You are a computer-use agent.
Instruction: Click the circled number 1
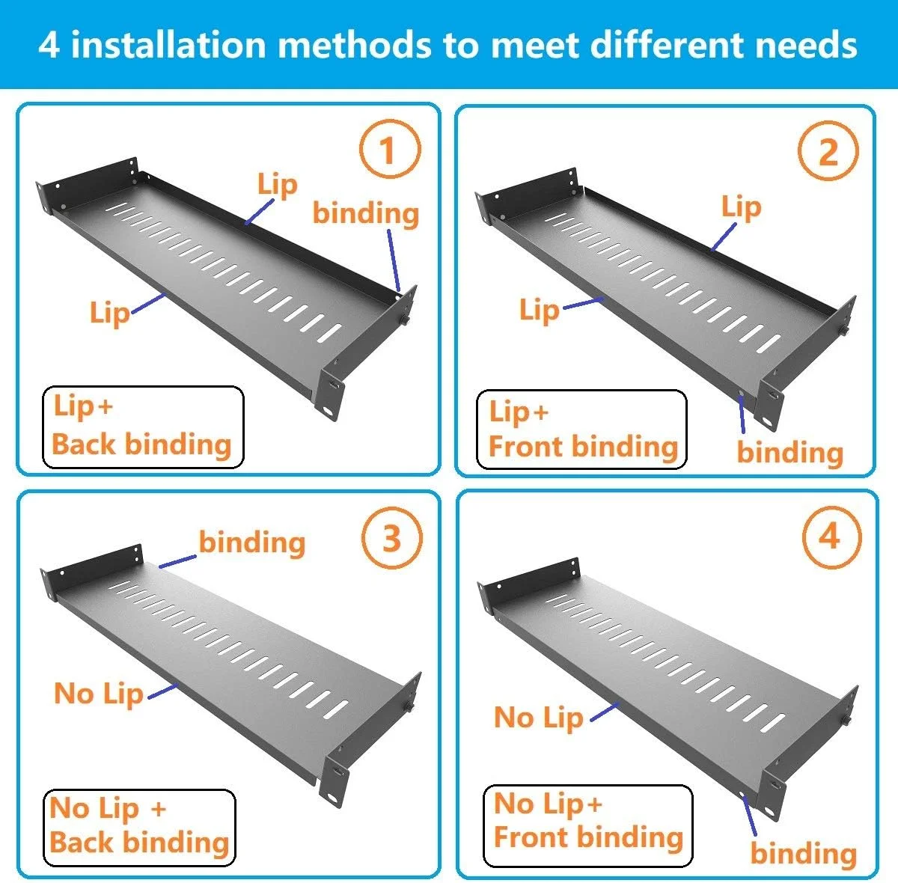[x=390, y=149]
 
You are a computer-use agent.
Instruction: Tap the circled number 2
[x=828, y=150]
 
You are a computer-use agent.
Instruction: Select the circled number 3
[x=391, y=537]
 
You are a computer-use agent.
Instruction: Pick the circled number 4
[x=832, y=537]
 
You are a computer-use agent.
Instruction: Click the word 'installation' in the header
[x=168, y=45]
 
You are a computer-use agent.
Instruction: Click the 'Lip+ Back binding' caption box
[x=143, y=427]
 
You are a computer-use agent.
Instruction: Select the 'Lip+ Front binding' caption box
[x=581, y=430]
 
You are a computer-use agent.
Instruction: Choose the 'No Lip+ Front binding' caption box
[x=588, y=825]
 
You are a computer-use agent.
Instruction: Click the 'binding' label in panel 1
[x=366, y=213]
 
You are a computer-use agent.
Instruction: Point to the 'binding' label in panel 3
[x=252, y=543]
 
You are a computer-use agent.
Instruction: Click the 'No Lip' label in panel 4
[x=538, y=718]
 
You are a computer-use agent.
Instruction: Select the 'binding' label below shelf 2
[x=790, y=452]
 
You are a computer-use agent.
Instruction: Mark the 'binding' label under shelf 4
[x=804, y=853]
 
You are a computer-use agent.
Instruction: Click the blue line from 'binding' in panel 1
[x=394, y=260]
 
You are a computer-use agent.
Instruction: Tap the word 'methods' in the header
[x=355, y=45]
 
